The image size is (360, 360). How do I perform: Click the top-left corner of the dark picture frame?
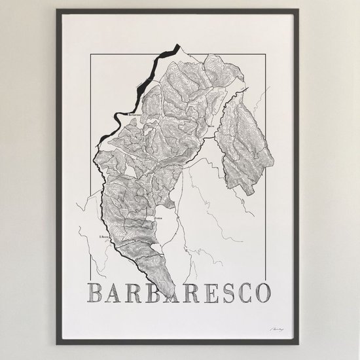(57, 9)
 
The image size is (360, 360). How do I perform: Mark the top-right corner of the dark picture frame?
(302, 9)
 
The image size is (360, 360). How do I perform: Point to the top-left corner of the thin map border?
(91, 56)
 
